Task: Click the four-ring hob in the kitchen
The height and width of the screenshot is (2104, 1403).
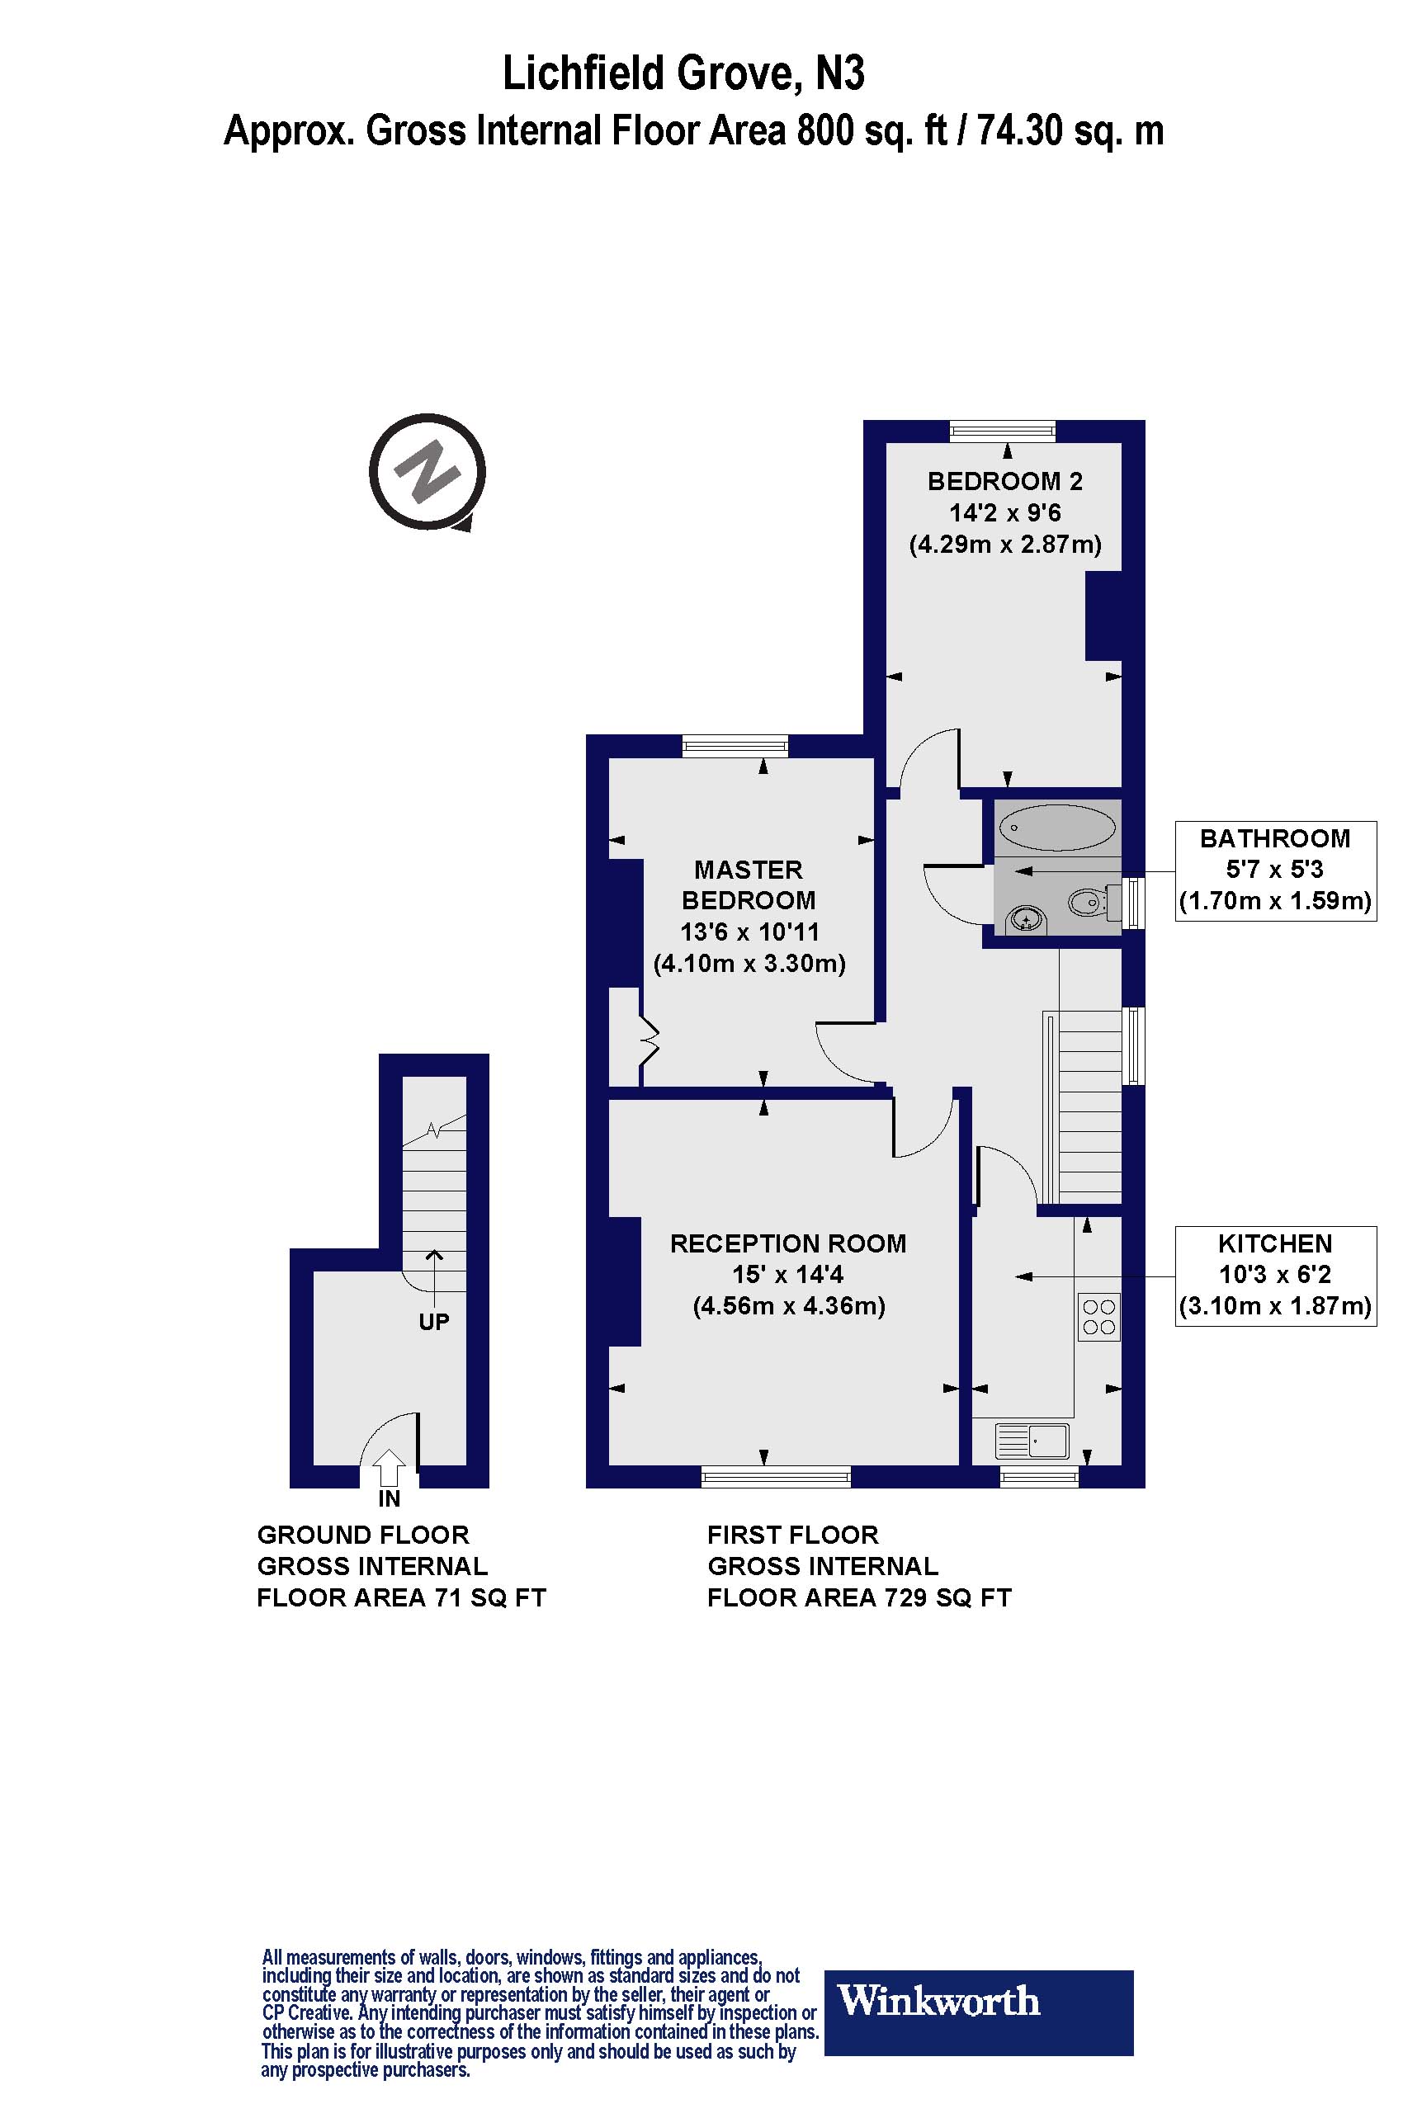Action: click(1099, 1317)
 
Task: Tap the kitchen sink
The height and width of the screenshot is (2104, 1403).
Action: click(1032, 1442)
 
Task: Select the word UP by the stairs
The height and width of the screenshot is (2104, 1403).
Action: click(434, 1321)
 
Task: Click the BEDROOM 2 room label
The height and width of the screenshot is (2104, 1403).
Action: click(1005, 481)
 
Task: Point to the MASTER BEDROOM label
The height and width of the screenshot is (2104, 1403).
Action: click(749, 885)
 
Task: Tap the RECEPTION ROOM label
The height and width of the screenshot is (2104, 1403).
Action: click(788, 1243)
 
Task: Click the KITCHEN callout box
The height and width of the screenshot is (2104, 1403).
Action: click(1275, 1276)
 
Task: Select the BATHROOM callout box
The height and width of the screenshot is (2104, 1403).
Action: click(1275, 870)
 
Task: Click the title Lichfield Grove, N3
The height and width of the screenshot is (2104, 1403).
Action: click(683, 73)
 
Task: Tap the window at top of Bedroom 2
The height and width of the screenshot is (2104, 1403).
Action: click(1002, 432)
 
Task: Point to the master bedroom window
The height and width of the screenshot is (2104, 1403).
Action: click(735, 745)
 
